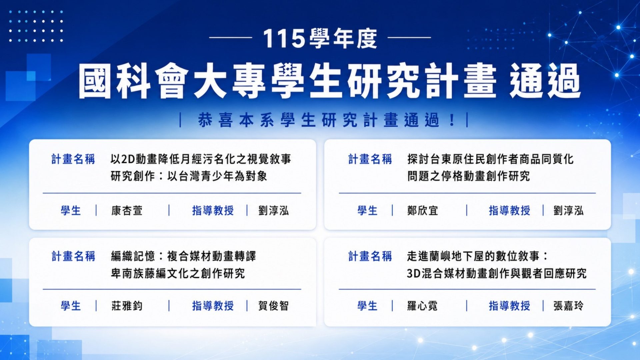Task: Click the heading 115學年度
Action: pyautogui.click(x=320, y=38)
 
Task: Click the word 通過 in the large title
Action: pyautogui.click(x=545, y=81)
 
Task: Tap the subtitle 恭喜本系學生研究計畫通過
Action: pyautogui.click(x=318, y=120)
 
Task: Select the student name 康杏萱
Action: pyautogui.click(x=127, y=211)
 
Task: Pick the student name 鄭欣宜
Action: pyautogui.click(x=423, y=211)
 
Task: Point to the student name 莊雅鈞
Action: pyautogui.click(x=127, y=306)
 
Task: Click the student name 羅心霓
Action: pyautogui.click(x=422, y=306)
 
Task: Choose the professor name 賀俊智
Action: pyautogui.click(x=273, y=306)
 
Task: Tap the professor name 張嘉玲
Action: pyautogui.click(x=569, y=306)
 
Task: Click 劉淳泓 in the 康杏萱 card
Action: pyautogui.click(x=273, y=211)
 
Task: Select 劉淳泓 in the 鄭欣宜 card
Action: pyautogui.click(x=569, y=211)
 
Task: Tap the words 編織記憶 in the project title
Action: pyautogui.click(x=133, y=256)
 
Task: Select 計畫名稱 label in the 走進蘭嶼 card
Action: pyautogui.click(x=370, y=256)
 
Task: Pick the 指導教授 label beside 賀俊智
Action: pyautogui.click(x=213, y=306)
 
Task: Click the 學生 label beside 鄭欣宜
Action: pyautogui.click(x=367, y=211)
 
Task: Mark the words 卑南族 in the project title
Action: pyautogui.click(x=128, y=274)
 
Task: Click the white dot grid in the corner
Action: pyautogui.click(x=36, y=26)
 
